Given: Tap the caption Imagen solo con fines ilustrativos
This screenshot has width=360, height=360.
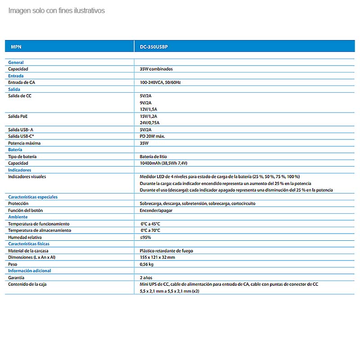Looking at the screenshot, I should (x=56, y=10).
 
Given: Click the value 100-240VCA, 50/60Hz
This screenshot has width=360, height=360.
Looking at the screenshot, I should (x=160, y=83).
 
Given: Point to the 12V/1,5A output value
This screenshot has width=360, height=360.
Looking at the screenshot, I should (x=148, y=109).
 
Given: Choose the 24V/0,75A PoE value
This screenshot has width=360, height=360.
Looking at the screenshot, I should (x=149, y=123).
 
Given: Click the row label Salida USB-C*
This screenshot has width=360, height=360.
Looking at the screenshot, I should (x=22, y=136).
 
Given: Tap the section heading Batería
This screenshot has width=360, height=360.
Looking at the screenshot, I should (x=15, y=149).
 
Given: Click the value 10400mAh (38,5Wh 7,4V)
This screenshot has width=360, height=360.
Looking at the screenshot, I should (x=163, y=163).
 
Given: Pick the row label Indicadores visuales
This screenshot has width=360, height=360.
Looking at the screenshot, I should (x=27, y=176).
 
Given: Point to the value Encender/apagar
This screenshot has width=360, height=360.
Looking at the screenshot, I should (x=156, y=210).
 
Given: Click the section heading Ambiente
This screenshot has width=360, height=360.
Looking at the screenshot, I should (x=18, y=217).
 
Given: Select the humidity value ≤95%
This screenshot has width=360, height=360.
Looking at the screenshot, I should (x=145, y=237).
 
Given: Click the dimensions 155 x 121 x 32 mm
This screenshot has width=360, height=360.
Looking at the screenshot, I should (x=157, y=257).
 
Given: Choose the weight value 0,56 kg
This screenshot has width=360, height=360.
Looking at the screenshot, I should (x=147, y=264).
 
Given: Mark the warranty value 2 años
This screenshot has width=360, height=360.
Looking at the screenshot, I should (x=146, y=278).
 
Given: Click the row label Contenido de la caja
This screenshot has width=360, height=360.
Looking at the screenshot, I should (x=27, y=284).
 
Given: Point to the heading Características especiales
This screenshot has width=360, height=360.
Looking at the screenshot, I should (x=33, y=197).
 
